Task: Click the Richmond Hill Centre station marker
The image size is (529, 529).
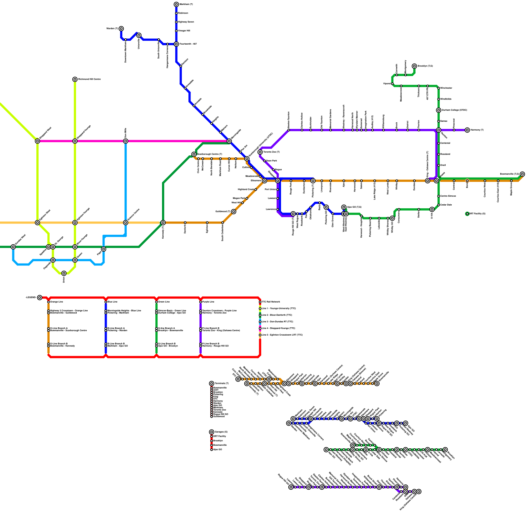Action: point(75,79)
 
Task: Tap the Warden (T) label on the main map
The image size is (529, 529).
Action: point(112,29)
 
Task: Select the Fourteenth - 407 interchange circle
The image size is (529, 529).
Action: point(176,44)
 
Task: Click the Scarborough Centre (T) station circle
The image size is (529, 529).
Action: point(194,154)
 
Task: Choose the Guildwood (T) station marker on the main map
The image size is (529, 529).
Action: point(234,212)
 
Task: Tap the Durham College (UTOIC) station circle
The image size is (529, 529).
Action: point(439,110)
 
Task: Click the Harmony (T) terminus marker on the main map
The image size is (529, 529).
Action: point(467,130)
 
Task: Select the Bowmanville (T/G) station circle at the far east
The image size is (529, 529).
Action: point(522,174)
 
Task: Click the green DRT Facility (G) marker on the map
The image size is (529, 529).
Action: point(467,214)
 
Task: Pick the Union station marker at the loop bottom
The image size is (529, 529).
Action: point(64,273)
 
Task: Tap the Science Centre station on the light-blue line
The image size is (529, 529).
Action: point(126,223)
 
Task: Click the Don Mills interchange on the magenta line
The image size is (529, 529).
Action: point(126,141)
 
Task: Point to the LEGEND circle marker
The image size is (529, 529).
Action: point(40,298)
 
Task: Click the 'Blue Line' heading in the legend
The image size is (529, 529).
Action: point(112,302)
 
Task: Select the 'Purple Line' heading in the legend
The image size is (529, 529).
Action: point(208,302)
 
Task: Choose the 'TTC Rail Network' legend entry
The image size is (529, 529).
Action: point(271,302)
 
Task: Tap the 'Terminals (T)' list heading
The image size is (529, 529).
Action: point(222,384)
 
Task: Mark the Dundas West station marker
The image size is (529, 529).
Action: point(13,247)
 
